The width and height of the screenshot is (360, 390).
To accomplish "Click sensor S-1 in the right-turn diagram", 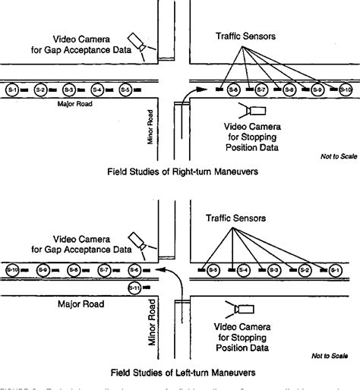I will coord(11,90).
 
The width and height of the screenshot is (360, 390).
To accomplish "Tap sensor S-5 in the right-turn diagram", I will coord(125,90).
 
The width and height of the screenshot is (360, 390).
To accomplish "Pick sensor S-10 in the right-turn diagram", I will coord(346,90).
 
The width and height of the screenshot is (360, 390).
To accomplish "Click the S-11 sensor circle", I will coord(134,288).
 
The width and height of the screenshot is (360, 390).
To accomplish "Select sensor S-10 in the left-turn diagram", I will coord(11,269).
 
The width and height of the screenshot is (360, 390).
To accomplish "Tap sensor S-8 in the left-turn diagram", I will coord(73,269).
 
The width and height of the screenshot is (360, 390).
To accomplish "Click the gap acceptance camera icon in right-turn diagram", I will coord(137,41).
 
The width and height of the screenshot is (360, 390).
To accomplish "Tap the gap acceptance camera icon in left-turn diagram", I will coord(137,241).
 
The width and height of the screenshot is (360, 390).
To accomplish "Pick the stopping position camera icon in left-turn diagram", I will coord(245,309).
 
